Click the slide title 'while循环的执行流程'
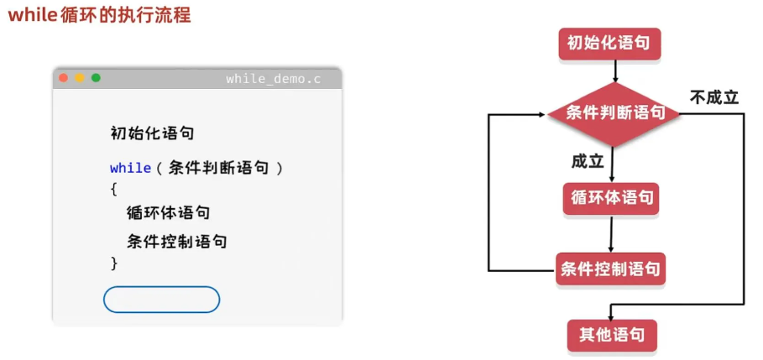[100, 14]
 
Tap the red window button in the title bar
[63, 78]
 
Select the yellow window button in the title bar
[80, 78]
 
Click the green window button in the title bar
[96, 78]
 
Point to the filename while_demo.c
[273, 79]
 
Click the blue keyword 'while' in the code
[130, 168]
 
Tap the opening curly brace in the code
[114, 190]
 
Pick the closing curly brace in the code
[114, 263]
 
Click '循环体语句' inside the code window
[168, 213]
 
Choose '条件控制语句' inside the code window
[176, 242]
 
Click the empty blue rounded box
[161, 300]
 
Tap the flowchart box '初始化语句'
[609, 44]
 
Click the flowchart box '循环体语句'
[610, 199]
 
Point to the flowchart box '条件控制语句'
[610, 270]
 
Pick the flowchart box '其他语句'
[611, 335]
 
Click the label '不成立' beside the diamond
[714, 97]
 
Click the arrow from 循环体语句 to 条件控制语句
[611, 234]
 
